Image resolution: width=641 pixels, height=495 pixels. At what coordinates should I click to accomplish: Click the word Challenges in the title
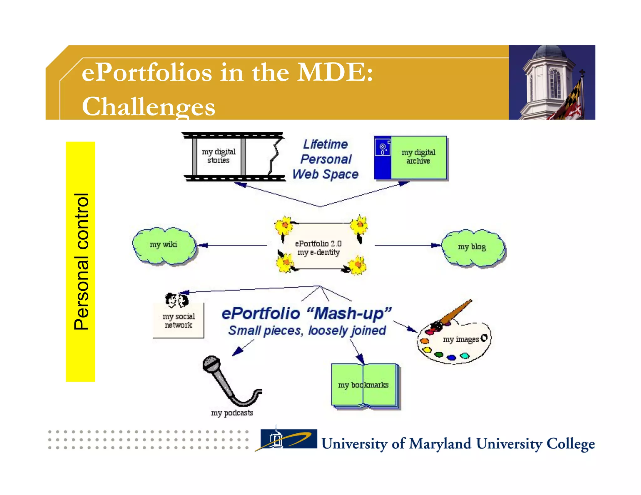tap(148, 107)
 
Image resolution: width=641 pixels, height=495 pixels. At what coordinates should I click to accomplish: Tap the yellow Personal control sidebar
tap(80, 262)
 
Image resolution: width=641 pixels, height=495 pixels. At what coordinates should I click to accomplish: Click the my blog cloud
tap(473, 248)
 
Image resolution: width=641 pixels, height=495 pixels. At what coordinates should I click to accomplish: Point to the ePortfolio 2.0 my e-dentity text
tap(318, 248)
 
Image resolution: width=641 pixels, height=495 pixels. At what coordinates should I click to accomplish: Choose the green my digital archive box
tap(418, 157)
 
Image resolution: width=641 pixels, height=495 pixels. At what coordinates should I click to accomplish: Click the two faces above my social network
tap(177, 300)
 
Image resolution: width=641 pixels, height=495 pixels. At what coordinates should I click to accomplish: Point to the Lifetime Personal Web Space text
tap(326, 159)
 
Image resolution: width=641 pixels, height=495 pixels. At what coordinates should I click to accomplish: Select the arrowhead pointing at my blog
tap(436, 245)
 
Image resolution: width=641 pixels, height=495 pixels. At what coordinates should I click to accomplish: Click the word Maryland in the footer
tap(440, 444)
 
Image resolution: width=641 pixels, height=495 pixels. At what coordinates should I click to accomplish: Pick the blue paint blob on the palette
tap(451, 357)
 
